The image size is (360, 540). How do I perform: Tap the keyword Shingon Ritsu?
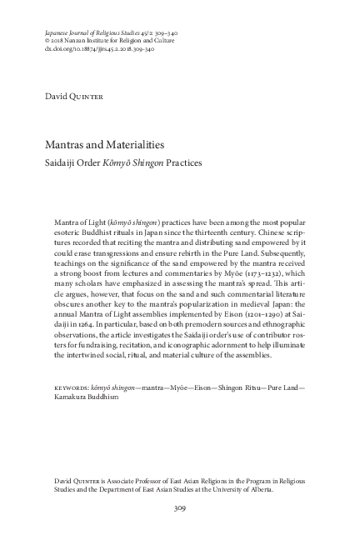tap(237, 388)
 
